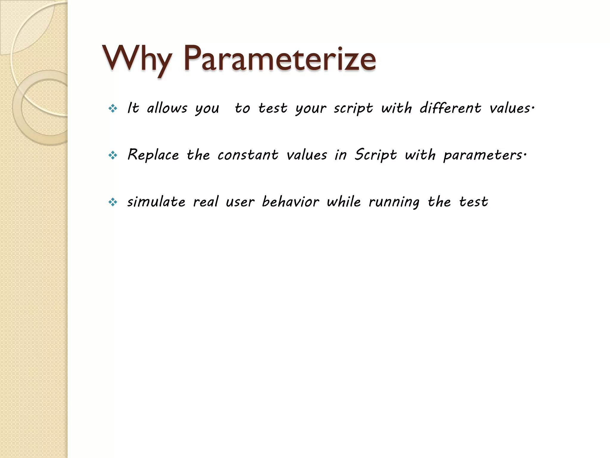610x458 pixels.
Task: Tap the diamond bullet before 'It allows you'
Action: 113,109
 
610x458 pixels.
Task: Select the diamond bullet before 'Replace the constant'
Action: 113,155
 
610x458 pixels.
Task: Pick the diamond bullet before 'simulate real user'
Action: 113,202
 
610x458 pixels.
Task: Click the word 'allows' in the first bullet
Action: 167,108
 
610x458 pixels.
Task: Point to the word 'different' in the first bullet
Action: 450,108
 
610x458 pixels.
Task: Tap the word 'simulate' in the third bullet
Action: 156,202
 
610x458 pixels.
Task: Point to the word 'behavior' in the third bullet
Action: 290,202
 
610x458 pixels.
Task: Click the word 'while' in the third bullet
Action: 344,202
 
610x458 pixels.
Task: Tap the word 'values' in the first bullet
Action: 510,108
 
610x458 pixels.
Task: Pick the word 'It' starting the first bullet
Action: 133,108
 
